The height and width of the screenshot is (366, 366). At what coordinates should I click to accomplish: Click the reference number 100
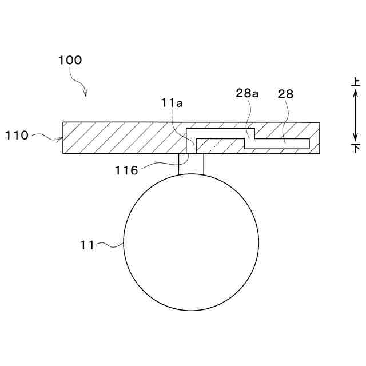[70, 60]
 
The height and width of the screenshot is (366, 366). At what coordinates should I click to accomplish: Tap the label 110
[17, 136]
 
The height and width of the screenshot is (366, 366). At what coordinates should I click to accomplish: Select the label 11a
[172, 103]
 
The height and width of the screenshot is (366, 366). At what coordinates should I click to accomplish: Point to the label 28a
[247, 93]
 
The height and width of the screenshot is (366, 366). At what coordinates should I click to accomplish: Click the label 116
[126, 170]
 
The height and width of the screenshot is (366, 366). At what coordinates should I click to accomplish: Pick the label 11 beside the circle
[87, 245]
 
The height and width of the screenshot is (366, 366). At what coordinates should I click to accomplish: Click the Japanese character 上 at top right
[356, 82]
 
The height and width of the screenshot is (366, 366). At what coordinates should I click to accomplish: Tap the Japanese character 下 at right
[356, 148]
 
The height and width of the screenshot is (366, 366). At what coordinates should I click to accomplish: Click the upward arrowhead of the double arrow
[356, 93]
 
